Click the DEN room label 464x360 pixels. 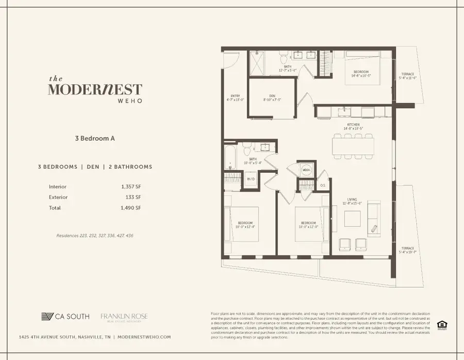(272, 96)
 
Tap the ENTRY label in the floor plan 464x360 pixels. (235, 97)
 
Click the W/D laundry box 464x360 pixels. (251, 179)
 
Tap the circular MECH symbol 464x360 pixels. (305, 170)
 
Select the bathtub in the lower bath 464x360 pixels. (230, 157)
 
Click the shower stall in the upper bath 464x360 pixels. (257, 64)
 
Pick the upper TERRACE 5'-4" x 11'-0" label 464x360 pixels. (408, 75)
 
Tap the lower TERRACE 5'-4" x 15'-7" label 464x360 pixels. (408, 250)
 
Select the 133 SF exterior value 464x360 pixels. (134, 197)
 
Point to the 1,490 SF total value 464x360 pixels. (131, 208)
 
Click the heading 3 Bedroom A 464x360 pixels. (95, 138)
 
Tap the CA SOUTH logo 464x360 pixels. (65, 316)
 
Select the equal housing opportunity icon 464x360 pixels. (441, 324)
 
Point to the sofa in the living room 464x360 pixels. (374, 217)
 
